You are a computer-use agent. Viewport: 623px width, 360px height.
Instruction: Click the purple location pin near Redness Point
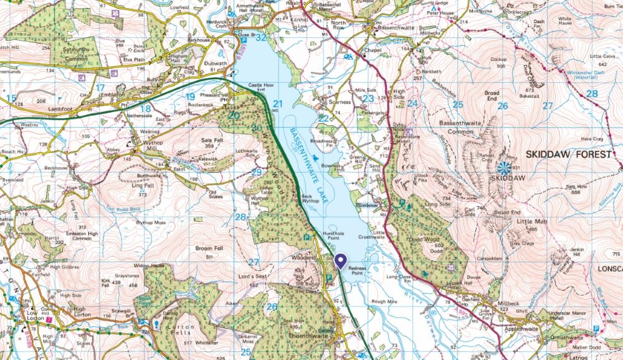point(340,260)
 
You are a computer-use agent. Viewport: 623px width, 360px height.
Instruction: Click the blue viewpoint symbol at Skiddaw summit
point(505,167)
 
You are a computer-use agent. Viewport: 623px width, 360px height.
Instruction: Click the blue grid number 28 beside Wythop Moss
point(241,217)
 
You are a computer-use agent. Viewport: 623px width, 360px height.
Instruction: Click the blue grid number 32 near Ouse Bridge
point(260,37)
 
